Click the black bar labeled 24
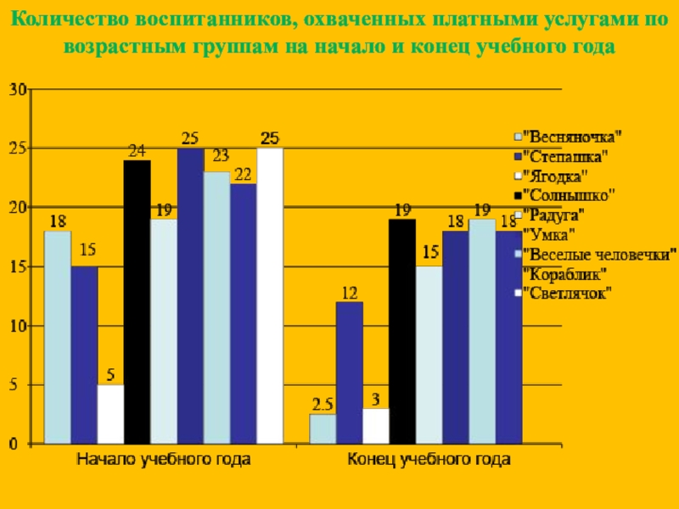click(137, 301)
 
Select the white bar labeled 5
click(110, 414)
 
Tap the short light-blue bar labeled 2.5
click(323, 428)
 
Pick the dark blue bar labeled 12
click(349, 372)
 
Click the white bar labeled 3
click(375, 426)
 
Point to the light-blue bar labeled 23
click(216, 307)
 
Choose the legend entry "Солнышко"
click(570, 194)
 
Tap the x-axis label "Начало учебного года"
click(164, 460)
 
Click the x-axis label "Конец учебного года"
click(429, 460)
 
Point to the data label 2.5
click(322, 402)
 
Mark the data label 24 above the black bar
click(137, 150)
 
